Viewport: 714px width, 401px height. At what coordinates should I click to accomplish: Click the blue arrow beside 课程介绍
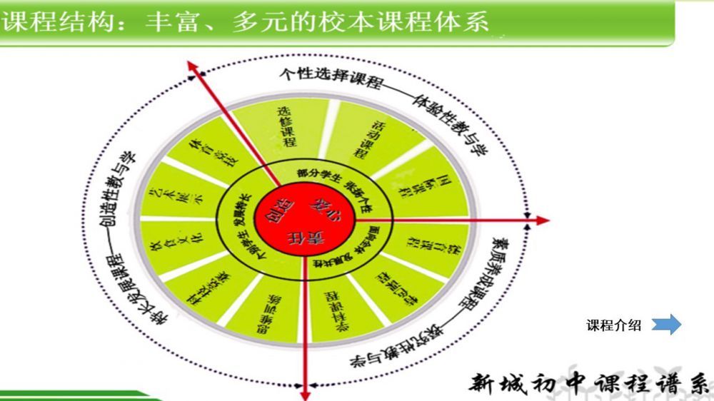(666, 325)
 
